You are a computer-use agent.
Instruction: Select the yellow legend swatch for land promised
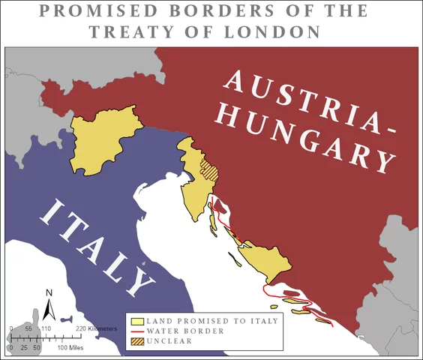[x=137, y=321]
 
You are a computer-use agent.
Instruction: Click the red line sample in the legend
[x=137, y=331]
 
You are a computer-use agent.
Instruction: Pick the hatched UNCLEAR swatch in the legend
[x=137, y=340]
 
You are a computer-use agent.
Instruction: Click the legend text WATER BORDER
[x=177, y=331]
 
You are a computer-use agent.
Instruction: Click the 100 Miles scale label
[x=71, y=348]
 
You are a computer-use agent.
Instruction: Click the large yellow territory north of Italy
[x=105, y=142]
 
